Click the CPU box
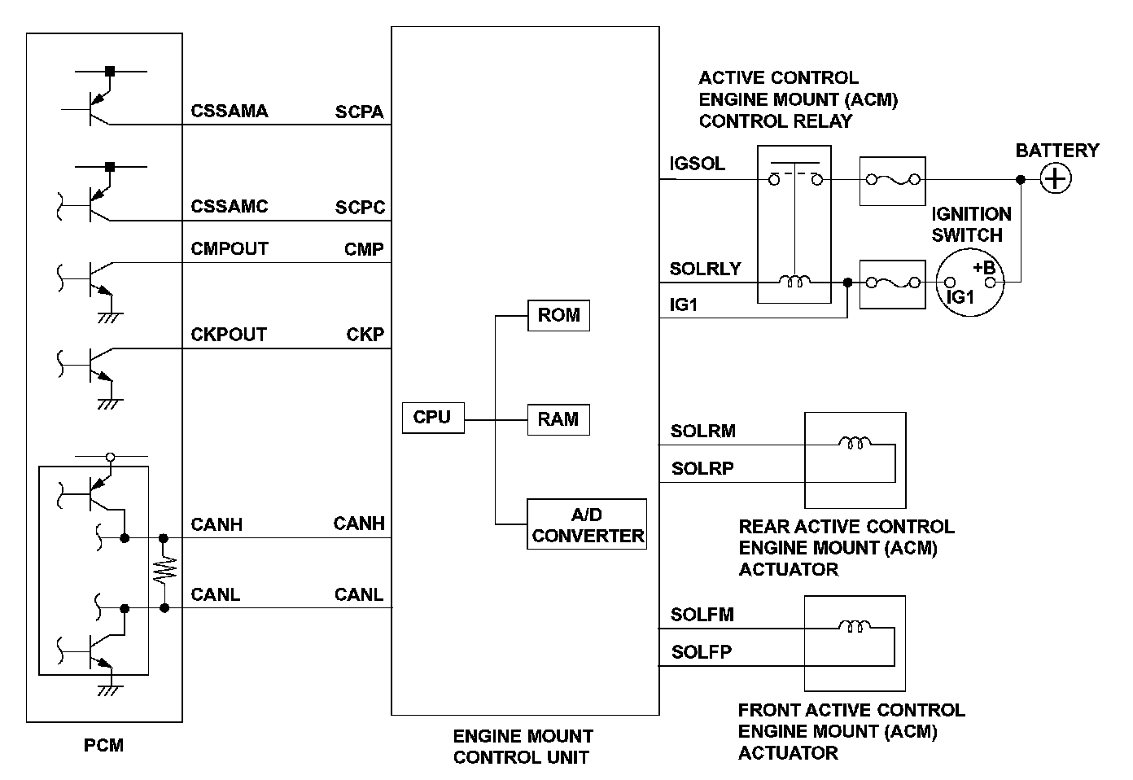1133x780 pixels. pos(432,418)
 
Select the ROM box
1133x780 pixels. pos(558,315)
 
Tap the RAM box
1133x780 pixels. pos(558,419)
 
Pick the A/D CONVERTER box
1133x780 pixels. pos(587,524)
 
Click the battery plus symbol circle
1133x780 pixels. pos(1056,179)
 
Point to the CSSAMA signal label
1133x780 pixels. pos(229,112)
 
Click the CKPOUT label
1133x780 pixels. pos(229,335)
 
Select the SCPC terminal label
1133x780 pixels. pos(360,208)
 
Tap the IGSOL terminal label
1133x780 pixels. pos(697,164)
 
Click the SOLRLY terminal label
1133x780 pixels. pos(705,269)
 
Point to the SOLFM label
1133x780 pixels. pos(702,615)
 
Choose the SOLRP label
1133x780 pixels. pos(702,469)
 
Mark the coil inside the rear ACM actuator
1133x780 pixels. pos(855,444)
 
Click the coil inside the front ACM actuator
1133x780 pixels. pos(855,627)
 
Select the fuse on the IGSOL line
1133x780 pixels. pos(893,180)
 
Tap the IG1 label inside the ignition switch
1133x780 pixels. pos(960,297)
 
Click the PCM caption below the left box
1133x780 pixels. pos(103,745)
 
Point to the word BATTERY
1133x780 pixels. pos(1056,151)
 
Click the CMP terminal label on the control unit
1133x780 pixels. pos(364,250)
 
